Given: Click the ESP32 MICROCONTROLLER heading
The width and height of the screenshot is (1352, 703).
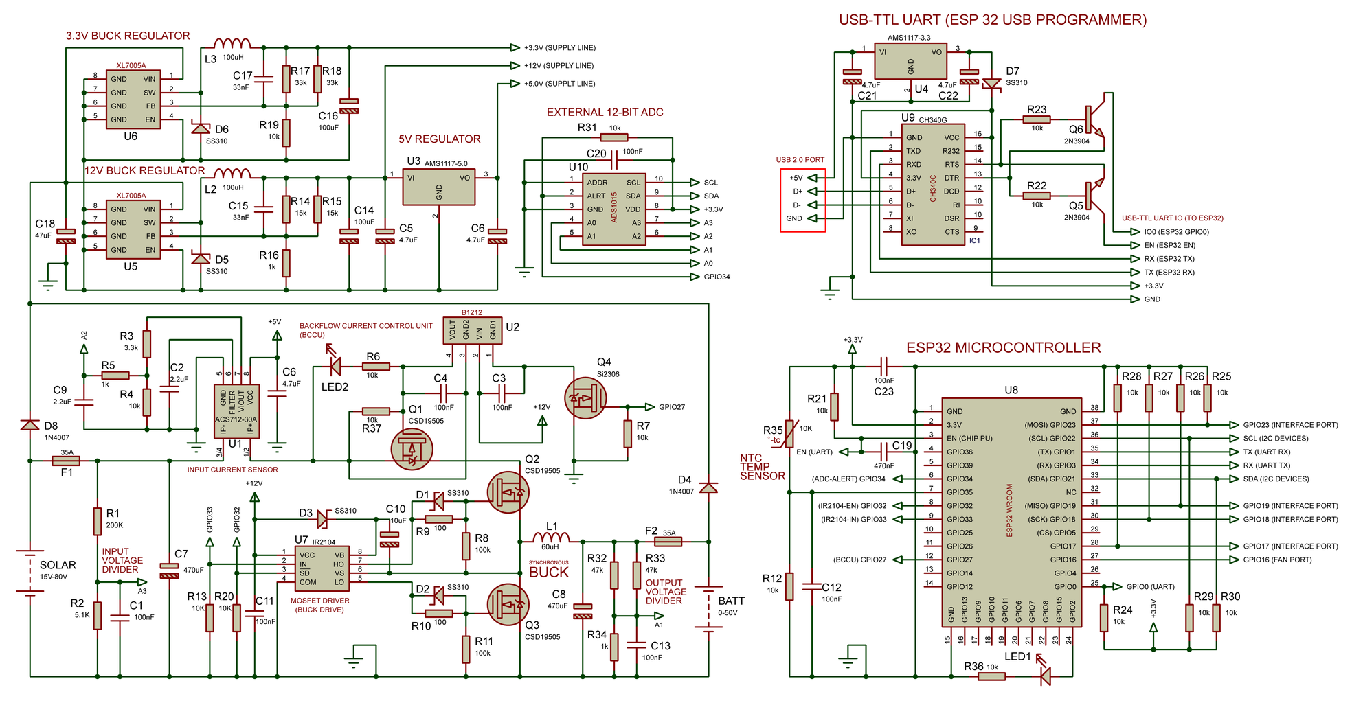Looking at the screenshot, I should tap(1003, 348).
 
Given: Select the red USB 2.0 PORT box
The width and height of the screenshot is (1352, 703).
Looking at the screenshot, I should tap(802, 200).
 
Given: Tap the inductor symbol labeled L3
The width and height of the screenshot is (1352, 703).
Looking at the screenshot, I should tap(232, 43).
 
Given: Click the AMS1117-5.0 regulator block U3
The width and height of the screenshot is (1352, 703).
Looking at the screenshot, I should tap(438, 187).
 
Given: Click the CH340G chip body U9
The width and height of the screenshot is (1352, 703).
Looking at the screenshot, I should tap(933, 185).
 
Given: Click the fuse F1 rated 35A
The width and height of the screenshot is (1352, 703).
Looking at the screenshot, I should tap(67, 461).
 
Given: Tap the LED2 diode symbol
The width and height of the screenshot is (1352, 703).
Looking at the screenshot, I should tap(335, 367).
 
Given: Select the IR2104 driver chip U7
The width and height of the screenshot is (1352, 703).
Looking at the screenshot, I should tap(322, 568).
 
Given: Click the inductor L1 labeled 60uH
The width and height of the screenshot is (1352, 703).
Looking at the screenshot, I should tap(551, 538).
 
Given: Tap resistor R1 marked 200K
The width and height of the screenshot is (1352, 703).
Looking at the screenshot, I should tap(98, 521).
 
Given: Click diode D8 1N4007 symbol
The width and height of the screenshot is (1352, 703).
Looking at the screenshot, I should tap(30, 426).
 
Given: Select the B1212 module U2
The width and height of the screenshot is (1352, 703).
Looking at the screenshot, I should tap(472, 330).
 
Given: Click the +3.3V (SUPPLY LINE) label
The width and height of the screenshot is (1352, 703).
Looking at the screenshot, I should tap(559, 48).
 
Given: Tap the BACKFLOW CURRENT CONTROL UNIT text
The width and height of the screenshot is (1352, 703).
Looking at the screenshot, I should tap(365, 326).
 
